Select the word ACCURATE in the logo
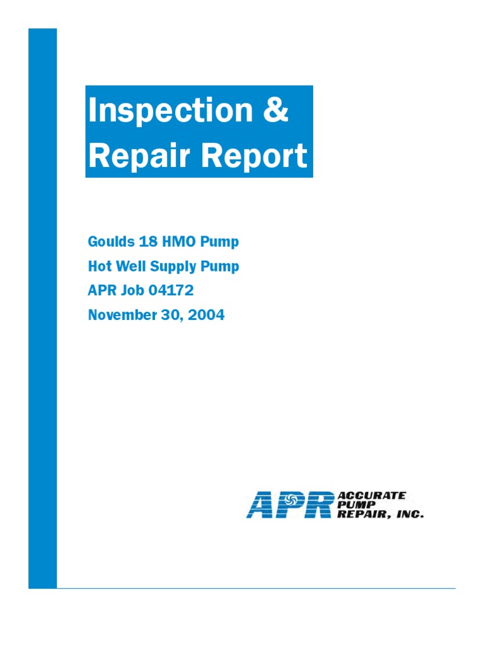372,496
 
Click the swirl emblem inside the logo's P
291,499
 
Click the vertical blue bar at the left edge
42,309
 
